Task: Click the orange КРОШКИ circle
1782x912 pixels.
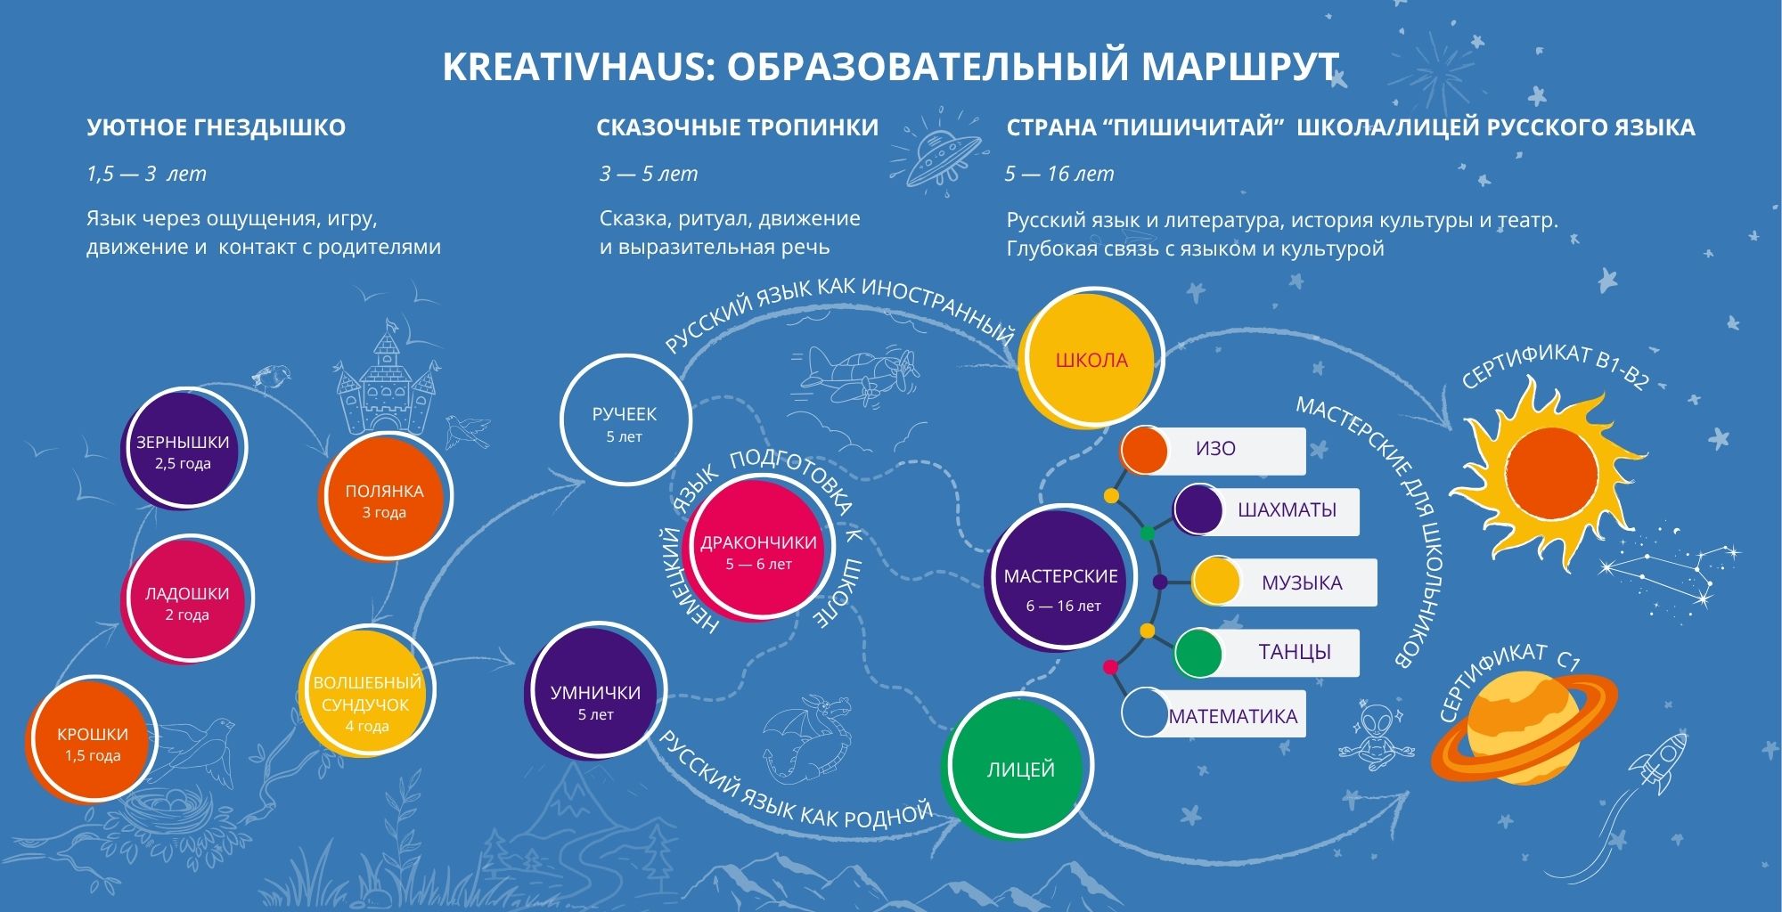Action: [91, 741]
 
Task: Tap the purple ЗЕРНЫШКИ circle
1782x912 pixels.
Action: [184, 449]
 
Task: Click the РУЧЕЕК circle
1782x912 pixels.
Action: [625, 420]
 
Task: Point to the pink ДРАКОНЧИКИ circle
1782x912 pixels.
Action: [756, 550]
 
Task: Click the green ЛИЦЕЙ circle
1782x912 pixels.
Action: [1018, 767]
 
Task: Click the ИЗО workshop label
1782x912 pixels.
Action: [1214, 450]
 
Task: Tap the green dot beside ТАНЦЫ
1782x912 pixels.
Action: [1198, 654]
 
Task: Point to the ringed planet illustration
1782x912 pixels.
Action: [1524, 726]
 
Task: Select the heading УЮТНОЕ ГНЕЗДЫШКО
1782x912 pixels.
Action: [217, 127]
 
